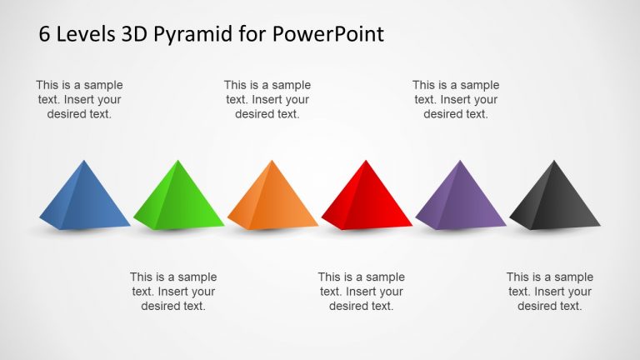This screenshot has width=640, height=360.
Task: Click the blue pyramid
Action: tap(84, 198)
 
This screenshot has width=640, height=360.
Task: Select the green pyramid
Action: tap(178, 198)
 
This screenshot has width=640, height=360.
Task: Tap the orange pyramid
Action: tap(272, 198)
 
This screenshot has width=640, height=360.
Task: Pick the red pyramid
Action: tap(367, 198)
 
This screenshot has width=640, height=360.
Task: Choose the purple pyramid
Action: tap(460, 198)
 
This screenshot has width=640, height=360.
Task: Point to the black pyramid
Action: tap(555, 198)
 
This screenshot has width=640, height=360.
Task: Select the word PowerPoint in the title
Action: tap(327, 34)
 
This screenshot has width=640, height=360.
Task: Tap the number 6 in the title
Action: tap(44, 34)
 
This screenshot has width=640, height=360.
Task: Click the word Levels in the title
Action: tap(86, 34)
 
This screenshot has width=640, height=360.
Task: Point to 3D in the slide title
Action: tap(134, 34)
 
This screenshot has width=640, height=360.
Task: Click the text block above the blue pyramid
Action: tap(79, 100)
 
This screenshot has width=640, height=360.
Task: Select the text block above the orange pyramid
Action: tap(267, 100)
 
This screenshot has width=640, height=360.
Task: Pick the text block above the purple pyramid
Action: tap(456, 100)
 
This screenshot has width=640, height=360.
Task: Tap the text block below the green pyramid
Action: tap(173, 292)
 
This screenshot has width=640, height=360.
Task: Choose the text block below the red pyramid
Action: tap(361, 292)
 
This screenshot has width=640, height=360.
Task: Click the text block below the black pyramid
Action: tap(550, 292)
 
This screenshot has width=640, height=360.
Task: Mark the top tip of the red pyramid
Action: tap(366, 160)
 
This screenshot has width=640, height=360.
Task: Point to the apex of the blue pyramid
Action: tap(84, 160)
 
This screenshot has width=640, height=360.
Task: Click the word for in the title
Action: tap(253, 34)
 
